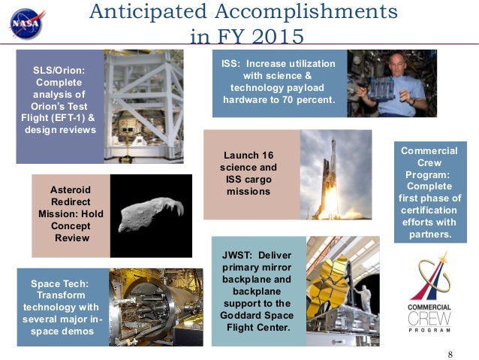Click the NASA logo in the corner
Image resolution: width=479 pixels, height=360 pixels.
pos(28,23)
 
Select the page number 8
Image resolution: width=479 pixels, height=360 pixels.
pos(450,354)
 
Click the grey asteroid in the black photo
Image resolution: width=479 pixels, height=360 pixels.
pos(149,215)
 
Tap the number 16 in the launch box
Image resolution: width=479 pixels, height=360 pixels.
pos(268,155)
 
